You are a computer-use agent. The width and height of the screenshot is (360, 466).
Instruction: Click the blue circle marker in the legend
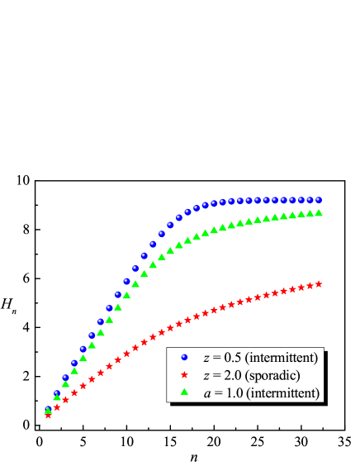pyautogui.click(x=184, y=357)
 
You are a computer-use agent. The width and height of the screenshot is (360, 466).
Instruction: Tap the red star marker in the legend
pyautogui.click(x=184, y=375)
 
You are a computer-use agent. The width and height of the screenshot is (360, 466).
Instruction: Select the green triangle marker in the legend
pyautogui.click(x=184, y=392)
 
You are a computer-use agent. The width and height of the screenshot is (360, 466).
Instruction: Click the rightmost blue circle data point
pyautogui.click(x=319, y=199)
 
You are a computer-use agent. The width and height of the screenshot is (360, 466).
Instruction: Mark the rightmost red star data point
pyautogui.click(x=319, y=283)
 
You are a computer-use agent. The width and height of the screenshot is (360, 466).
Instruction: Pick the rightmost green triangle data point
pyautogui.click(x=319, y=212)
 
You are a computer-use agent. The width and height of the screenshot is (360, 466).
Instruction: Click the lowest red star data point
pyautogui.click(x=48, y=416)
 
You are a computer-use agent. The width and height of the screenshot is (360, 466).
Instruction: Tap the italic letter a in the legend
pyautogui.click(x=206, y=393)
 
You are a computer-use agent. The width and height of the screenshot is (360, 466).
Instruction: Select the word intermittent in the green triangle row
pyautogui.click(x=282, y=393)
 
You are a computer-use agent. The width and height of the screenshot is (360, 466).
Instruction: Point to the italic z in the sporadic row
pyautogui.click(x=206, y=375)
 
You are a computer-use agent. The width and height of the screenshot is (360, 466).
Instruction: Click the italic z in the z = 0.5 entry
pyautogui.click(x=206, y=357)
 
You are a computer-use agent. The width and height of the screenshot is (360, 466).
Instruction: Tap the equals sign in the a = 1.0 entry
pyautogui.click(x=217, y=393)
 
